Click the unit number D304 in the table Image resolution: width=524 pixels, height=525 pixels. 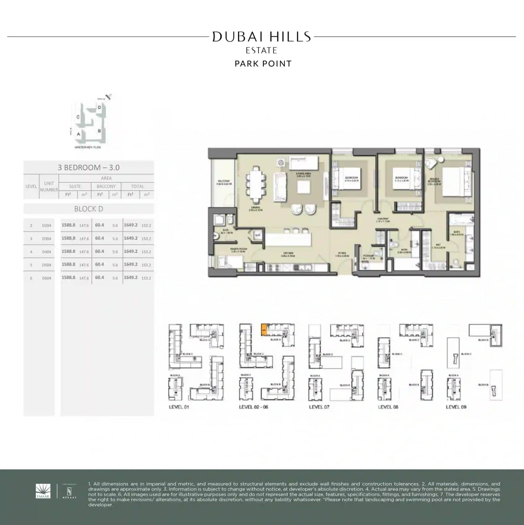tap(46, 239)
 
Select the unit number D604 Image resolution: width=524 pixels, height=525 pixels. tap(46, 278)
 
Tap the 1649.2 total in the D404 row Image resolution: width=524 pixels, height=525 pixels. tap(131, 252)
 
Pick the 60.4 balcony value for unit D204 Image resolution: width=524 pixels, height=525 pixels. tap(100, 225)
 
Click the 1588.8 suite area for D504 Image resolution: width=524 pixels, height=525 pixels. tap(69, 265)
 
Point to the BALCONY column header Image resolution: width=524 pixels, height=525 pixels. tap(106, 187)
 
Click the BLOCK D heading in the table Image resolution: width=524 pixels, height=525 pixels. tap(89, 209)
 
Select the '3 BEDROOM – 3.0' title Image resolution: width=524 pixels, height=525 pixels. tap(89, 167)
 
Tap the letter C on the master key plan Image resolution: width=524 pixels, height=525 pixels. tap(78, 117)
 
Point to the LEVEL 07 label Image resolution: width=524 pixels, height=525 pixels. tap(319, 407)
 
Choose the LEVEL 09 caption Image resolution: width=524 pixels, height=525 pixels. tap(456, 407)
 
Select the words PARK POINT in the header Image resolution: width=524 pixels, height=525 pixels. tap(263, 64)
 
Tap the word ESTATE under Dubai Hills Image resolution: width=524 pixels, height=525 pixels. tap(262, 51)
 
